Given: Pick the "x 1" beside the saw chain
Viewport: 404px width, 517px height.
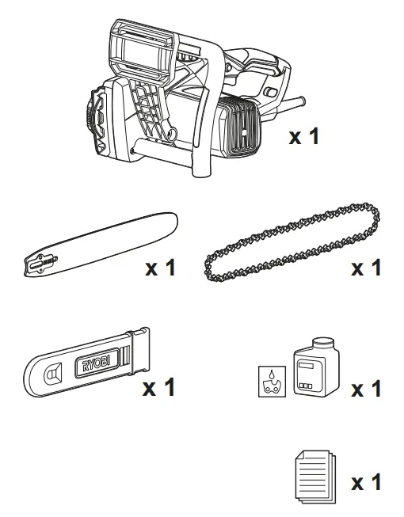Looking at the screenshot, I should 365,268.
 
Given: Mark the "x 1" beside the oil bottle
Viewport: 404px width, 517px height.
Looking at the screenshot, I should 366,389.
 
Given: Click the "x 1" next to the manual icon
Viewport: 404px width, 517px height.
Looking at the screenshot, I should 366,481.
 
